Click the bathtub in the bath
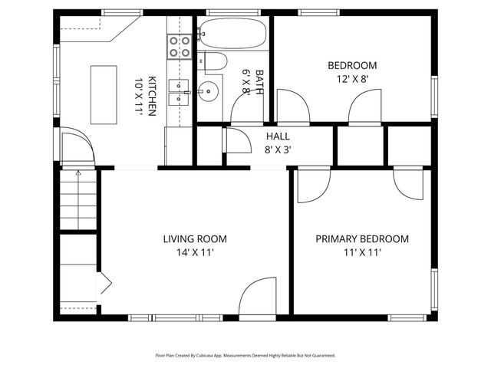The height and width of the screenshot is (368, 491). [x=233, y=33]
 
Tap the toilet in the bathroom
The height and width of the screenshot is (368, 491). [x=213, y=61]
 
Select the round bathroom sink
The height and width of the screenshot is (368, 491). [x=209, y=91]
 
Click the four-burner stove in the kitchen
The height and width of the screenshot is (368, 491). [x=180, y=47]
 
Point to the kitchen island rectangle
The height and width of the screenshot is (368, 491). [x=104, y=95]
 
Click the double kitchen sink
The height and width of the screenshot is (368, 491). [x=179, y=92]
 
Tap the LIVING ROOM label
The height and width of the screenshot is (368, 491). [x=195, y=239]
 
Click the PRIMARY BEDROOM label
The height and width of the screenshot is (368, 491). [x=362, y=239]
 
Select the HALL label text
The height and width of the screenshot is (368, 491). [x=278, y=136]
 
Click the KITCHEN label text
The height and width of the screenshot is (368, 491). [x=152, y=96]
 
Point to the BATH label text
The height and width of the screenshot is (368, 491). [x=259, y=82]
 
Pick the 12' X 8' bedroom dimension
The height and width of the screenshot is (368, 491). [x=352, y=79]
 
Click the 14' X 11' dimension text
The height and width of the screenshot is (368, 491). [x=195, y=252]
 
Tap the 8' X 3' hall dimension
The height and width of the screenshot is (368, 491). [x=278, y=150]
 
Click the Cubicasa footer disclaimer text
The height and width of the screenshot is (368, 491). [x=245, y=356]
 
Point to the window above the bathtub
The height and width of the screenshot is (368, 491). [x=233, y=13]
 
